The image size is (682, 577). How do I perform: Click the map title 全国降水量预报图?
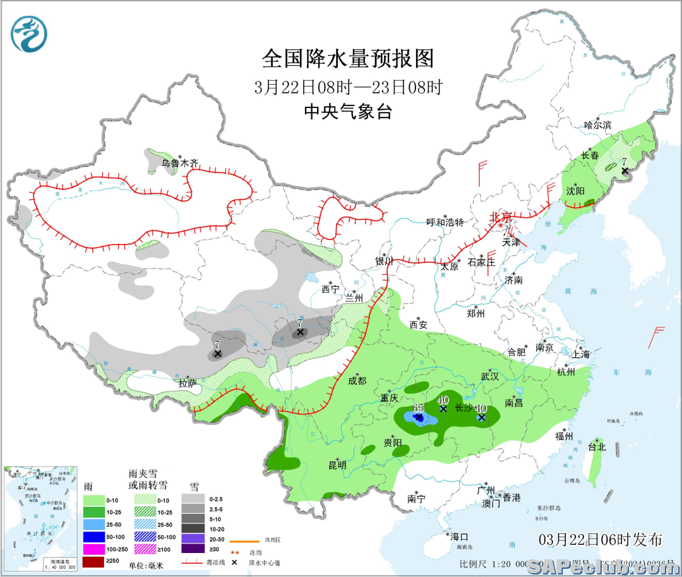[348, 59]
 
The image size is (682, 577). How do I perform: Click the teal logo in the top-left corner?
[29, 34]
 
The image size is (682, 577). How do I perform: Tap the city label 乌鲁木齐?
[179, 163]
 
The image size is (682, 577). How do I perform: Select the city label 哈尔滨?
[597, 125]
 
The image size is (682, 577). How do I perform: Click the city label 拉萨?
[188, 382]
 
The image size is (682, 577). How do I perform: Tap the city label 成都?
[356, 380]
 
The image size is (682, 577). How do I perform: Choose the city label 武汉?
[489, 376]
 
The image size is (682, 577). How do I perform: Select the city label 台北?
[596, 447]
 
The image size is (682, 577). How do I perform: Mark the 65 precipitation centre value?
[418, 408]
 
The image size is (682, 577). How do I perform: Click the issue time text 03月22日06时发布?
[601, 539]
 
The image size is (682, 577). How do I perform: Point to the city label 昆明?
[337, 465]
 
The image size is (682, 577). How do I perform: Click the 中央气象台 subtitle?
[348, 112]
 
